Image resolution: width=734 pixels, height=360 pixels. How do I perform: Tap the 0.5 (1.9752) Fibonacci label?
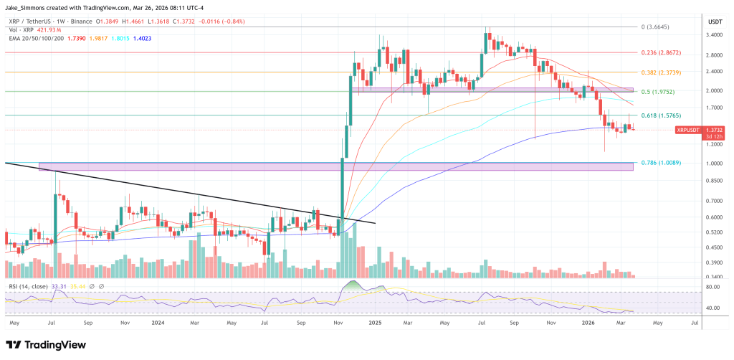(x=658, y=91)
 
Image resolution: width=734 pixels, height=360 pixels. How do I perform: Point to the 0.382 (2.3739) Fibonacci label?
(x=659, y=72)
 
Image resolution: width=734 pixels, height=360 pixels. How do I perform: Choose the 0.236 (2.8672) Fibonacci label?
(x=659, y=52)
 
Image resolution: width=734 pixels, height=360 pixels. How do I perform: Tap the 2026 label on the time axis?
(x=587, y=323)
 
